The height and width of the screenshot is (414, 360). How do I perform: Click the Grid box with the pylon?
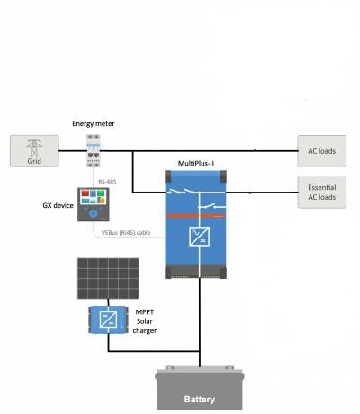(34, 150)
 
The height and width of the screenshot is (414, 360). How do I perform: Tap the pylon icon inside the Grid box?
(34, 148)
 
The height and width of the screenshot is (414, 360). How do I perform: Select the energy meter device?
(94, 150)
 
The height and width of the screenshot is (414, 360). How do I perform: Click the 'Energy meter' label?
(94, 123)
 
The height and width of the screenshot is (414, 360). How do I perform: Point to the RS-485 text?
(107, 182)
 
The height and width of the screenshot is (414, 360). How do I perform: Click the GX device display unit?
(94, 204)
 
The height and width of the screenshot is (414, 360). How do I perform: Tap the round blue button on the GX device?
(94, 213)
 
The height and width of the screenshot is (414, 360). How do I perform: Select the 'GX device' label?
(58, 205)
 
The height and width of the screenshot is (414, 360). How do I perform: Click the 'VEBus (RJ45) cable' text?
(126, 233)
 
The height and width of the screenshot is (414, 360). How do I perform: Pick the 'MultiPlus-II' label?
(196, 163)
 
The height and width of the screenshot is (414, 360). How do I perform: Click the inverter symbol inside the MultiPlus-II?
(200, 237)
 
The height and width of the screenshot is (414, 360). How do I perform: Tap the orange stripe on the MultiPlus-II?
(195, 216)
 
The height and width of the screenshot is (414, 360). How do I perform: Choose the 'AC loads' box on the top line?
(322, 151)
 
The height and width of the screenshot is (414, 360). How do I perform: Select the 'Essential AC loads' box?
(322, 193)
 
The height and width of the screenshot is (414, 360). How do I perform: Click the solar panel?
(108, 278)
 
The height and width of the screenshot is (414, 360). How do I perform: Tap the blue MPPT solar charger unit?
(108, 319)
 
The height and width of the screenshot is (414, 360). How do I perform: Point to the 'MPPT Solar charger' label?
(145, 321)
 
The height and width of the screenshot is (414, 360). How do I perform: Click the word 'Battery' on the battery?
(200, 400)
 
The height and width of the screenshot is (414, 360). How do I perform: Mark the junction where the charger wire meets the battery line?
(200, 351)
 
